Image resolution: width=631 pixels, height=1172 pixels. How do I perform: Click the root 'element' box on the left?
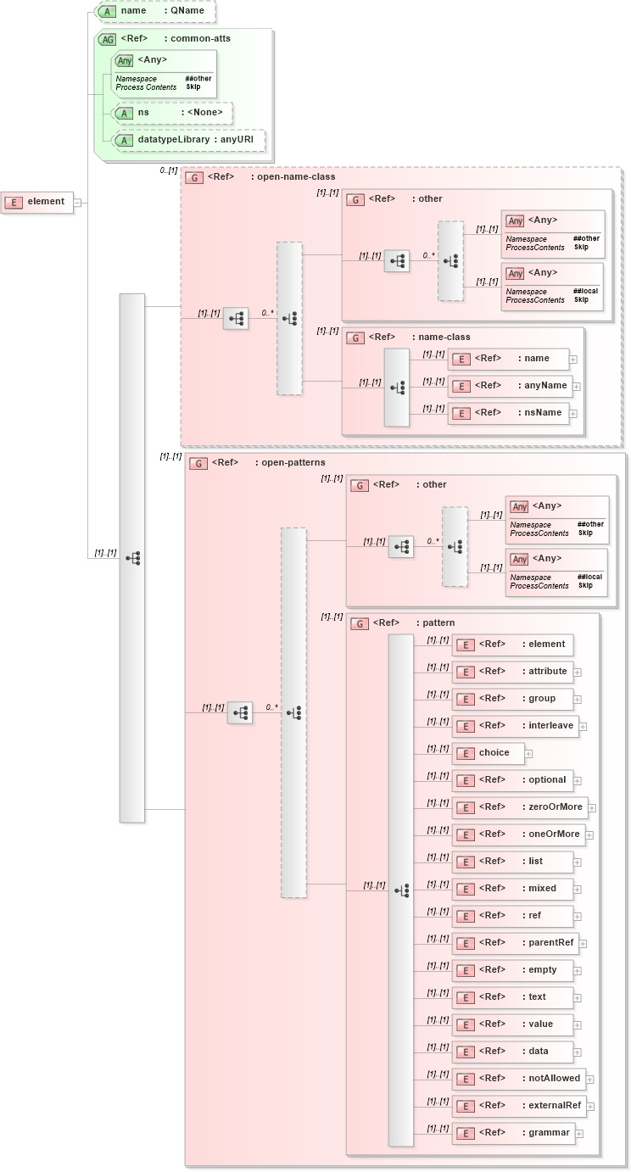37,202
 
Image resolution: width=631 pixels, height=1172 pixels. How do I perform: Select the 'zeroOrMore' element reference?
521,807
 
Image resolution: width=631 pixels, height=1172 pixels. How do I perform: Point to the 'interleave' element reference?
516,726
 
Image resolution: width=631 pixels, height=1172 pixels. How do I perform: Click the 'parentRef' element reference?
516,943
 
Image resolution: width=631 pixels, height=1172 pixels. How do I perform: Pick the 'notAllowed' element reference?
519,1079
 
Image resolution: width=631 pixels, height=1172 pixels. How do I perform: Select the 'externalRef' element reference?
520,1106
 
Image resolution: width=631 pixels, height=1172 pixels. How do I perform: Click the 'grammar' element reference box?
514,1133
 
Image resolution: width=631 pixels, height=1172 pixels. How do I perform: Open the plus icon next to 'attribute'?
578,672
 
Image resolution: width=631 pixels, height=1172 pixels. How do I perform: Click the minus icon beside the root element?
77,202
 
